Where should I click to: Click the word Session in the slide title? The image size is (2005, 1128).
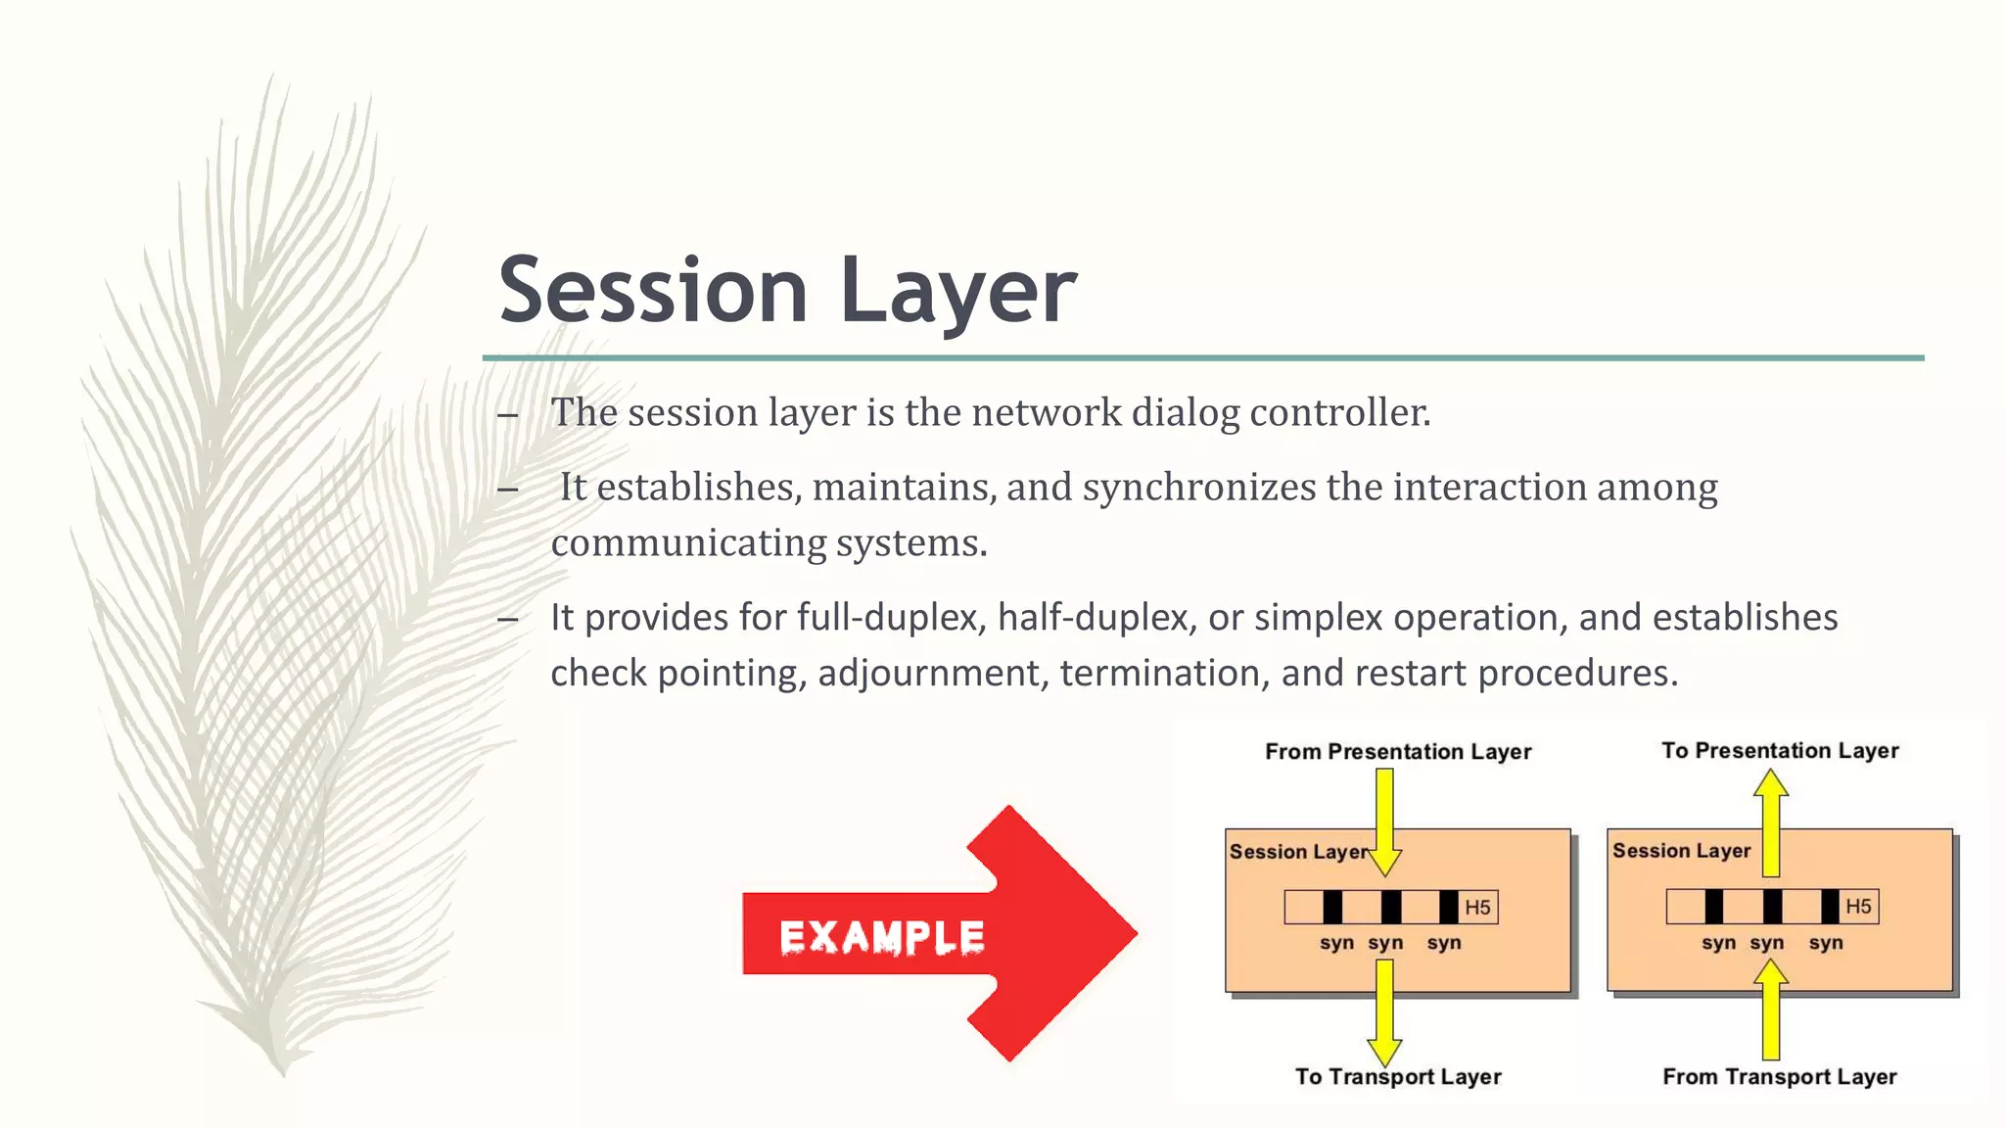pyautogui.click(x=652, y=290)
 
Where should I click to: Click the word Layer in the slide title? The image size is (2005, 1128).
pyautogui.click(x=957, y=290)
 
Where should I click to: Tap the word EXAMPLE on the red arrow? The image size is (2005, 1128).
pyautogui.click(x=881, y=937)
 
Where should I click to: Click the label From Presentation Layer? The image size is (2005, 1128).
pyautogui.click(x=1397, y=752)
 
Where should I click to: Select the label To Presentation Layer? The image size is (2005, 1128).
pyautogui.click(x=1779, y=751)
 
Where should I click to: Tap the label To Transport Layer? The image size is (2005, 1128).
pyautogui.click(x=1397, y=1077)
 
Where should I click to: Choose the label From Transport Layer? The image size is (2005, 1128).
pyautogui.click(x=1779, y=1077)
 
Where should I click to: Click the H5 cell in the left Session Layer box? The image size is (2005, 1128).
pyautogui.click(x=1477, y=908)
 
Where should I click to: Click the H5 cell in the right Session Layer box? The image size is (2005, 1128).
pyautogui.click(x=1858, y=907)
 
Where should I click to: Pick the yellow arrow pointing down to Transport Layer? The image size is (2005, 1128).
pyautogui.click(x=1384, y=1013)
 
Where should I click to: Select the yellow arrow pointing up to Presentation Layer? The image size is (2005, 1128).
pyautogui.click(x=1770, y=822)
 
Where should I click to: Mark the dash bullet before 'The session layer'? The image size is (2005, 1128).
pyautogui.click(x=507, y=415)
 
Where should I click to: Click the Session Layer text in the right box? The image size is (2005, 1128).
pyautogui.click(x=1681, y=851)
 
